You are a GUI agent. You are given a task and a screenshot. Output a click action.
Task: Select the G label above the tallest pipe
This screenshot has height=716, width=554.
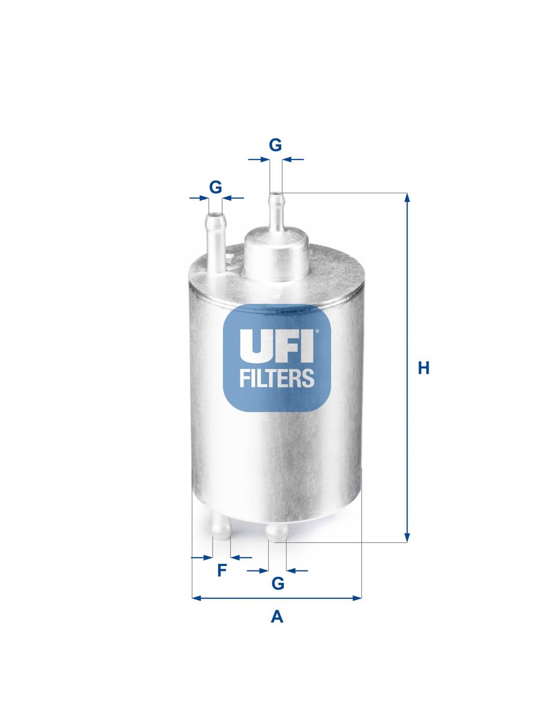point(275,145)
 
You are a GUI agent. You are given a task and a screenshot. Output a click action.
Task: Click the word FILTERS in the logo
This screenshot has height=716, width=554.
point(276,378)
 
